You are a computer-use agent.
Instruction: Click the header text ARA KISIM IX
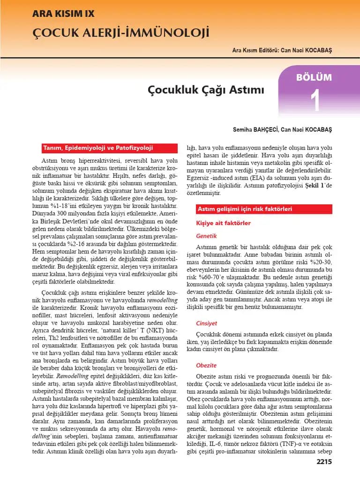[x=63, y=14]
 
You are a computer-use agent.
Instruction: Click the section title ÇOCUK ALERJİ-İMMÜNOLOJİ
[x=120, y=33]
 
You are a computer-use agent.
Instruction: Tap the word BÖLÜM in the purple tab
[x=314, y=77]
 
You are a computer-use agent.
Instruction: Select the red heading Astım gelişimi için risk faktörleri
[x=245, y=208]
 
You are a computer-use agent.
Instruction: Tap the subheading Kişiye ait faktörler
[x=223, y=224]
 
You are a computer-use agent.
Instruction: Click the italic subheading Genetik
[x=206, y=236]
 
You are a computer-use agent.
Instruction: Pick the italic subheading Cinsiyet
[x=207, y=323]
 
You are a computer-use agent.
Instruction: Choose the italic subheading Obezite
[x=206, y=365]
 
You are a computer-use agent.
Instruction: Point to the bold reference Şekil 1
[x=315, y=186]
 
